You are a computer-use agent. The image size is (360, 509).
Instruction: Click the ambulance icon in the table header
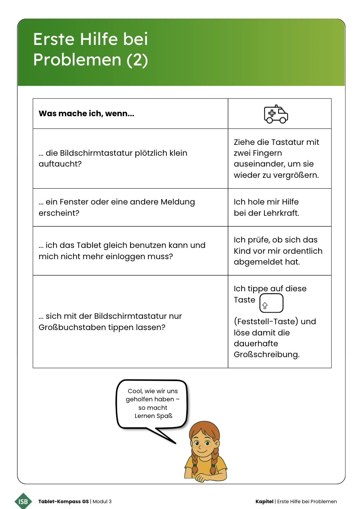coord(276,114)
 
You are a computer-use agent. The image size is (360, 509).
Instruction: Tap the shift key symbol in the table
coord(265,306)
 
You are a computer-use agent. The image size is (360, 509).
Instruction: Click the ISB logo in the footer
coord(23,501)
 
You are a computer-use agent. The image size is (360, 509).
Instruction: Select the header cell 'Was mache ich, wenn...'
coord(86,113)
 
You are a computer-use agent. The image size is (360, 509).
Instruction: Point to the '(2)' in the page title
coord(137,60)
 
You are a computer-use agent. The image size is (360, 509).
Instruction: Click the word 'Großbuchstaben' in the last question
coord(69,327)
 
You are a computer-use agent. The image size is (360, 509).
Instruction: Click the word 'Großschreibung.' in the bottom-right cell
coord(266,354)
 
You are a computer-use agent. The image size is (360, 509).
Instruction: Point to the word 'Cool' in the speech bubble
coord(135,391)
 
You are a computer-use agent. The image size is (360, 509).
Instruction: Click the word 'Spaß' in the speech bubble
coord(165,416)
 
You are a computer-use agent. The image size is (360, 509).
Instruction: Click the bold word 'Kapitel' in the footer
coord(264,501)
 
